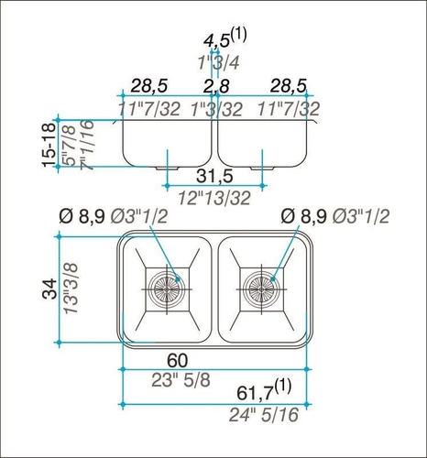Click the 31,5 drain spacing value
point(216,175)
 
